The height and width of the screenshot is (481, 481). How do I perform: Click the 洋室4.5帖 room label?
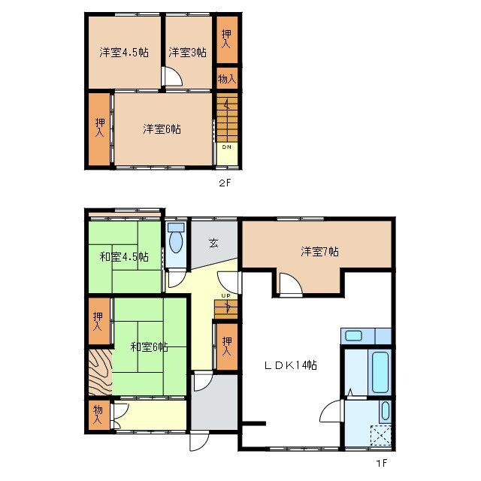[x=123, y=53]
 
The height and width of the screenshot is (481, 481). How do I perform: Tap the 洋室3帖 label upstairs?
[x=187, y=53]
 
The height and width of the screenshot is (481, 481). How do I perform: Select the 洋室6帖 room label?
[x=162, y=129]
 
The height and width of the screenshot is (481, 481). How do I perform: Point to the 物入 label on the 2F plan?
[x=227, y=78]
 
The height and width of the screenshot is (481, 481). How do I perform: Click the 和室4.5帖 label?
[x=124, y=257]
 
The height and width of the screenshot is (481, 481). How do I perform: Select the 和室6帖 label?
[x=148, y=346]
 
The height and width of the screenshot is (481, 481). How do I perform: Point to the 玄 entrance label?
[x=213, y=243]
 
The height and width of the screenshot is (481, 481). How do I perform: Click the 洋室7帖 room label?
[x=320, y=252]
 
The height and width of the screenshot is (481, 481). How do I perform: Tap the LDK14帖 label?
[x=289, y=366]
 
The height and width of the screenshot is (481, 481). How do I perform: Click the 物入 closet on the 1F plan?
[x=98, y=415]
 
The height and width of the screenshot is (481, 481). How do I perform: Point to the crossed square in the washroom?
[x=381, y=437]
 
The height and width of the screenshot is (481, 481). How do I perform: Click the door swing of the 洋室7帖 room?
[x=290, y=285]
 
